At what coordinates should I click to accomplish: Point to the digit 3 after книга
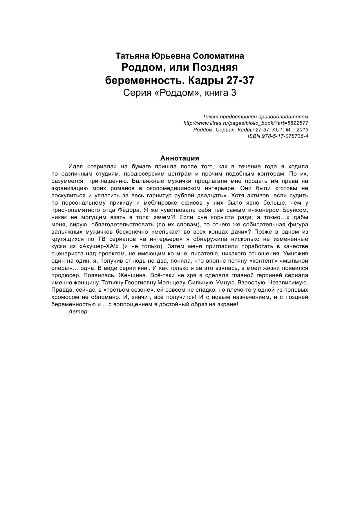pyautogui.click(x=234, y=93)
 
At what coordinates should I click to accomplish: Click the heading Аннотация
pyautogui.click(x=180, y=158)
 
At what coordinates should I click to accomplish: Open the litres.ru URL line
pyautogui.click(x=246, y=123)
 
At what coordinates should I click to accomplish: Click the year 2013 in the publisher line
pyautogui.click(x=303, y=129)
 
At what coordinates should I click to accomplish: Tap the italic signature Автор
pyautogui.click(x=78, y=312)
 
